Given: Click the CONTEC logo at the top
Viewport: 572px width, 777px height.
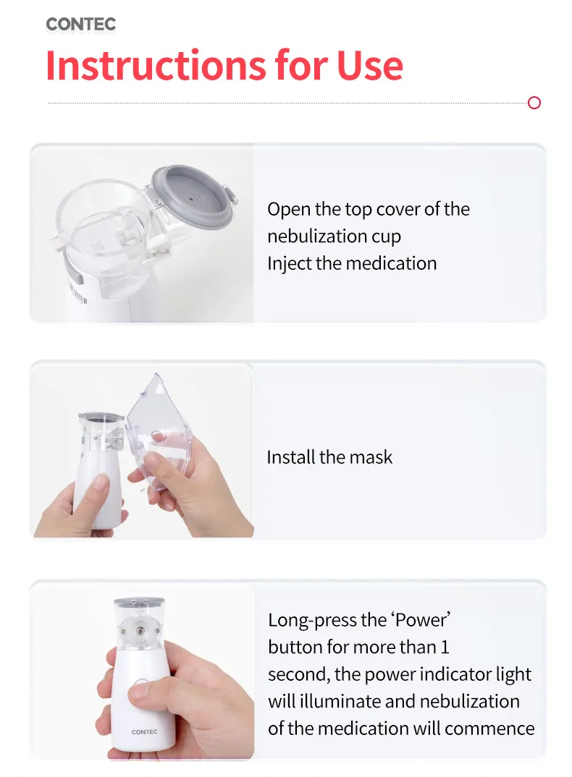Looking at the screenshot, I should (x=80, y=24).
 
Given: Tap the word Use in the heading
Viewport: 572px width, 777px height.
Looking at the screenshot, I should (x=369, y=65).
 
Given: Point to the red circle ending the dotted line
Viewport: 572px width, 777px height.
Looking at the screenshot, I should (x=534, y=103).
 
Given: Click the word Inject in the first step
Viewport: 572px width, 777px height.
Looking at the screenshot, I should (x=289, y=263).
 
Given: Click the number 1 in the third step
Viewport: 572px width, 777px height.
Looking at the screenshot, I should (x=445, y=647).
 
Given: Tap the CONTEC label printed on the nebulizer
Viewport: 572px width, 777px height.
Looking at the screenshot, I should (x=144, y=731).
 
